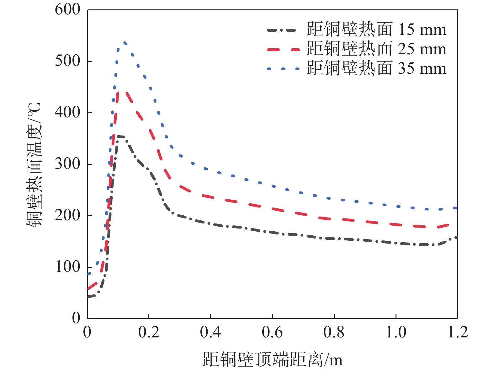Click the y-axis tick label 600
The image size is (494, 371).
[x=67, y=10]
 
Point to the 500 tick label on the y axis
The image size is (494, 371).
[x=67, y=61]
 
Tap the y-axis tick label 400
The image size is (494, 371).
[x=67, y=113]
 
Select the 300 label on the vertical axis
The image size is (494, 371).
[x=67, y=164]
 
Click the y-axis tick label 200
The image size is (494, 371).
[x=67, y=216]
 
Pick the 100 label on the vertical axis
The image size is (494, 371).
[x=67, y=267]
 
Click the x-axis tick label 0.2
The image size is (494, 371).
[x=149, y=332]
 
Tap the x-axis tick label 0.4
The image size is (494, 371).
[x=210, y=332]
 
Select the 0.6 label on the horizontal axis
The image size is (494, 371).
[x=272, y=332]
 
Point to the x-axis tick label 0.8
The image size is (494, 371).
[x=334, y=332]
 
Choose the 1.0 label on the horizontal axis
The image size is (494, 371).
[x=396, y=332]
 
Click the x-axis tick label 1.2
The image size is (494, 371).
[x=458, y=332]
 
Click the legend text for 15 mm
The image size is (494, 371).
[x=376, y=30]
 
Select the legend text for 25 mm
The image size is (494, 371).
[x=376, y=49]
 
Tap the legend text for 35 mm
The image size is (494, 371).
[x=376, y=69]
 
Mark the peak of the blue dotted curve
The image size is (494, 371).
[x=125, y=43]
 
